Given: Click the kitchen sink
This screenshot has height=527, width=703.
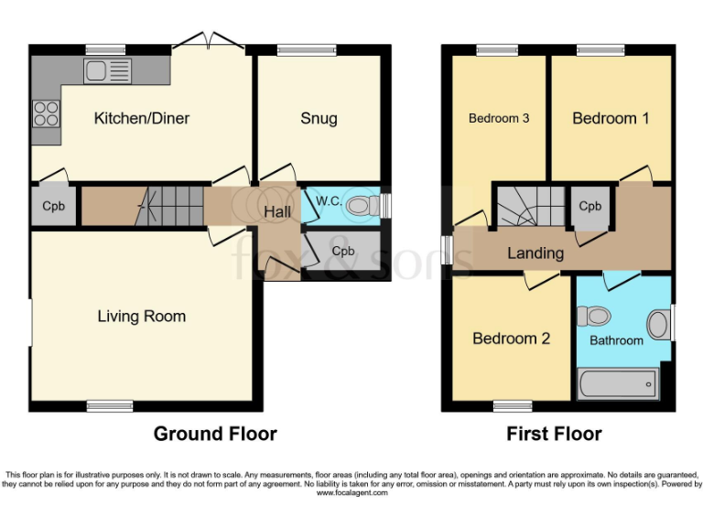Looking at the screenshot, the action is pos(108,71).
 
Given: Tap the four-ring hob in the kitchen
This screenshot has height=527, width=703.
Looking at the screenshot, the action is pos(46,113).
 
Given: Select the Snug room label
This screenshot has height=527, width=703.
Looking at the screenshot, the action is pos(319,118).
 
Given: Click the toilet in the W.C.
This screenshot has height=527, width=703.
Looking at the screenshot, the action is pos(362,206).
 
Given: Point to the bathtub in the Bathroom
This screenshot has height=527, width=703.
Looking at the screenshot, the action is pos(618,384).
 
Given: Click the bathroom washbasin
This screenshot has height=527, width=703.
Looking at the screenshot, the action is pos(658,325).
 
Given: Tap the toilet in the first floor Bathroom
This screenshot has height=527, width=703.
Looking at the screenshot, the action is pos(593,316).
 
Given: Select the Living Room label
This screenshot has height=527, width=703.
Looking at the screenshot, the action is pos(142,317).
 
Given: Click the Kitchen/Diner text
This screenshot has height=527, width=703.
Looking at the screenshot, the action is pos(142,118).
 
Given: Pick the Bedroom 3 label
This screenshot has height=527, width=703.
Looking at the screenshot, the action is pos(499,118).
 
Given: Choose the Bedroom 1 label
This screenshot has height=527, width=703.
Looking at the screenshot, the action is pos(611,118).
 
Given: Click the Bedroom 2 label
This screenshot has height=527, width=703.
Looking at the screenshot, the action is pos(511,339).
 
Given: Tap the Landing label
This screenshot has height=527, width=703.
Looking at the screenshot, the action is pos(535,253).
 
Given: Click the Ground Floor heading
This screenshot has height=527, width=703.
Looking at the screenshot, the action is pos(215,434).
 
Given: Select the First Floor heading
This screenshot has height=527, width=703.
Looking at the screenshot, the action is pos(554,434).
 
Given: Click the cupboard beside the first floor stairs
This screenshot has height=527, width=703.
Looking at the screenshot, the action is pos(590,207).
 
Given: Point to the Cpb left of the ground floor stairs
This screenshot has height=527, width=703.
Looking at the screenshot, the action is pos(53,206).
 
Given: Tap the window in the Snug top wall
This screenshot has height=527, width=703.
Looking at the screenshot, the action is pos(307,49).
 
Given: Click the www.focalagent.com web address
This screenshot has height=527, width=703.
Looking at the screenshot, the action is pos(351,493).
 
